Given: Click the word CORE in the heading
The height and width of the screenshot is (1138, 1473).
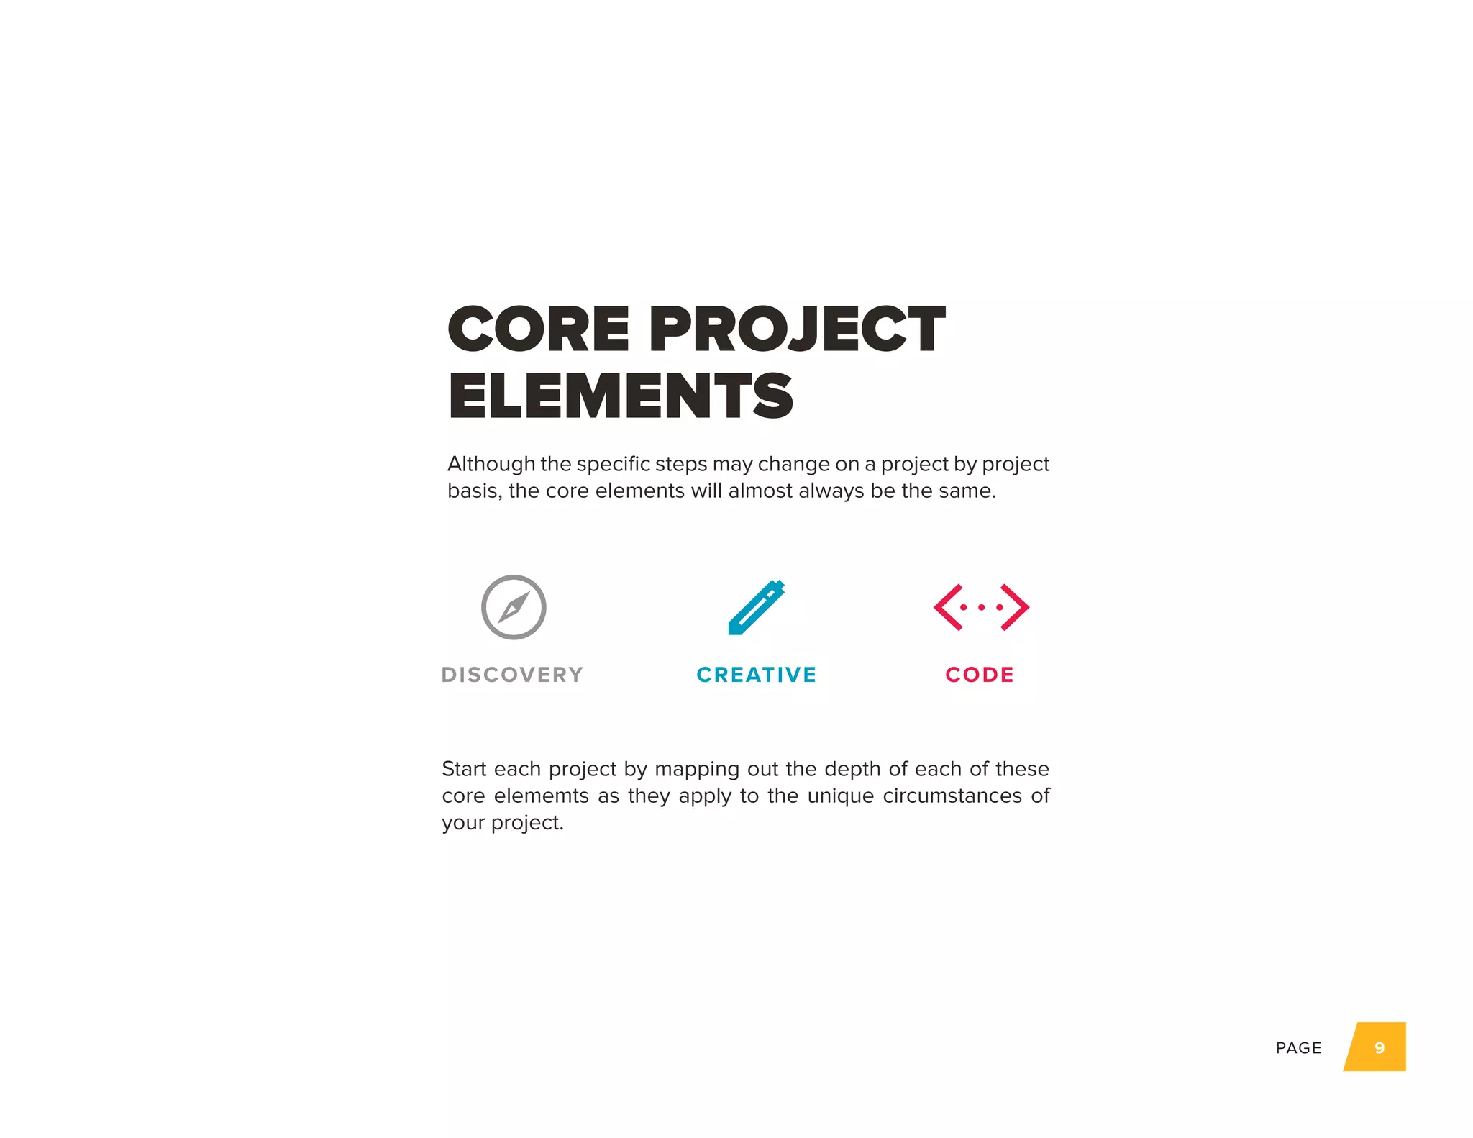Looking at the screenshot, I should pyautogui.click(x=538, y=329).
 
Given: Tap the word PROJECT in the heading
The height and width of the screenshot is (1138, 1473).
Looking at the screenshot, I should pyautogui.click(x=797, y=329).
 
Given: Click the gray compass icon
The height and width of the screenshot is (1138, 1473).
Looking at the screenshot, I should pyautogui.click(x=514, y=607).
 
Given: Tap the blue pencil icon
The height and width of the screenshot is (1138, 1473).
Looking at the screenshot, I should pyautogui.click(x=756, y=608).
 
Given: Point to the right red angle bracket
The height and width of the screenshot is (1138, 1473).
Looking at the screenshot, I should pyautogui.click(x=1015, y=607).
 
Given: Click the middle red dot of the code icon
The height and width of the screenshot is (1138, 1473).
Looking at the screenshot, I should pyautogui.click(x=981, y=608).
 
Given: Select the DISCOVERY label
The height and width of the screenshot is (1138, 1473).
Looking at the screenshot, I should pyautogui.click(x=512, y=675).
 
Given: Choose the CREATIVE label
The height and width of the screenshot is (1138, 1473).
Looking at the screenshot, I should pyautogui.click(x=757, y=675).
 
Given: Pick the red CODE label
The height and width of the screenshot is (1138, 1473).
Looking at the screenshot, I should pyautogui.click(x=980, y=675).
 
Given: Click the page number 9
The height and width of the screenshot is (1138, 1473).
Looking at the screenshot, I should pyautogui.click(x=1379, y=1048).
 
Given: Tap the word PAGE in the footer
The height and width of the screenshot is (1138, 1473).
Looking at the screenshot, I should pyautogui.click(x=1298, y=1048).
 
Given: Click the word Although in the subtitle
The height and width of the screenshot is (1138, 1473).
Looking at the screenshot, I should pyautogui.click(x=491, y=464).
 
